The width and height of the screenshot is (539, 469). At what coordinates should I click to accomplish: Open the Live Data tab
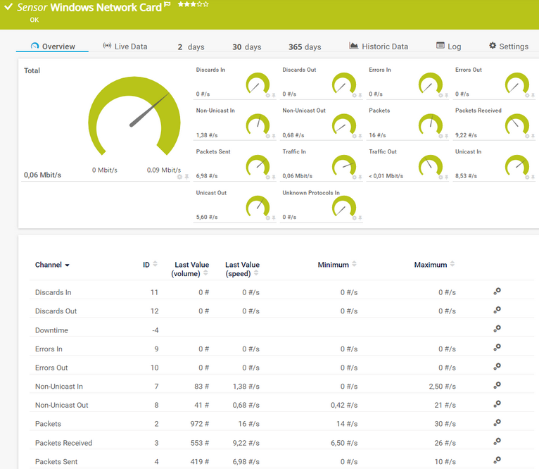pos(125,46)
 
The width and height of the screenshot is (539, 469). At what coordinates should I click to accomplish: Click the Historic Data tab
pos(379,46)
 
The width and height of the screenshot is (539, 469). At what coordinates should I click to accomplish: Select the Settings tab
pos(509,46)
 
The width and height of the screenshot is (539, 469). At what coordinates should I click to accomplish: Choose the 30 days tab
pos(246,47)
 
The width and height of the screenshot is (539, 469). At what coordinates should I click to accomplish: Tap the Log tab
pos(449,46)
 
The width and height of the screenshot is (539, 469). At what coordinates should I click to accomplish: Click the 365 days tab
pos(305,47)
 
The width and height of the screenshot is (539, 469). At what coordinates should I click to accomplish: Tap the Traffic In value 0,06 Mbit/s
pos(297,176)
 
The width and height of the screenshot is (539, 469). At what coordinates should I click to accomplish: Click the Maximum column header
pos(430,265)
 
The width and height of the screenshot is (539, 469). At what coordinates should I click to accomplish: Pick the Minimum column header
pos(333,265)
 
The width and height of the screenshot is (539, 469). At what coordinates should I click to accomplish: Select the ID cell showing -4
pos(154,330)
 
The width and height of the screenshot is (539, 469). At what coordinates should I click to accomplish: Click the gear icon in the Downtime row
pos(497,329)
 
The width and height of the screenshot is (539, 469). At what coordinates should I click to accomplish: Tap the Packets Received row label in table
pos(63,443)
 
